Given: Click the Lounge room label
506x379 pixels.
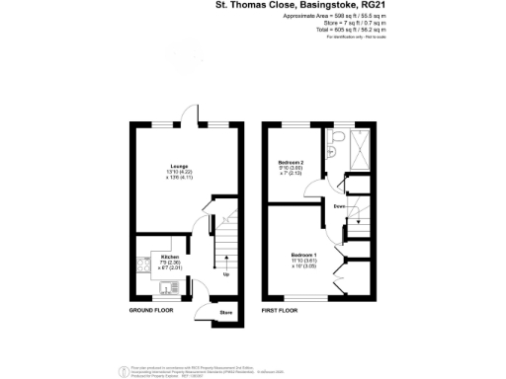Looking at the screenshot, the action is pos(179,165).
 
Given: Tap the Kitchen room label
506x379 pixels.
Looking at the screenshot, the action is pos(170,256).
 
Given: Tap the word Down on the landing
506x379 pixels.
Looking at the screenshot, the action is pos(339,206).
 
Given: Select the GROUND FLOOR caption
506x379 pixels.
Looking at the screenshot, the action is pos(152,311).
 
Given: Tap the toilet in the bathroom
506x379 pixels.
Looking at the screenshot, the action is pos(339,137).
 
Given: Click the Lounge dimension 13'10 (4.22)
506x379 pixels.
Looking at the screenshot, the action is pos(179,171).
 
